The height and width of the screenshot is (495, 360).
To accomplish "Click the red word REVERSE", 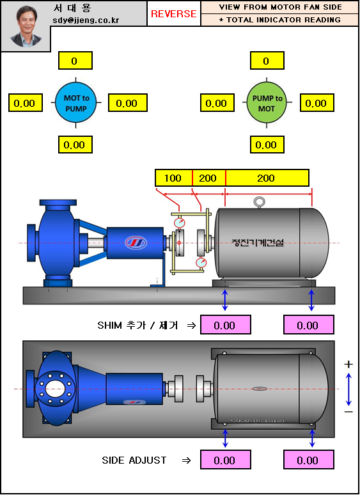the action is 174,13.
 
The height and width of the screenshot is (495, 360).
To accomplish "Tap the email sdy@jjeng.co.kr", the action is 86,20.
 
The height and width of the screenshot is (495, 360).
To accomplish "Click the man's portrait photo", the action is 26,26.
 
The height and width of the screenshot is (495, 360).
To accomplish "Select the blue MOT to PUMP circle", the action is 75,102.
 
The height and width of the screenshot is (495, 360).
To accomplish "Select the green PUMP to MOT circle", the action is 267,102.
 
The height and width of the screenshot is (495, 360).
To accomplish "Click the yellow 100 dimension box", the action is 173,178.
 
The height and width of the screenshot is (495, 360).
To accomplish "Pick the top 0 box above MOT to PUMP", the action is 75,61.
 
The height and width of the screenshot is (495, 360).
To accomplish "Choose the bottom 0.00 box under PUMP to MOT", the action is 267,145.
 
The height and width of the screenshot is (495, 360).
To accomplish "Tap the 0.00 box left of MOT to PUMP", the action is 25,102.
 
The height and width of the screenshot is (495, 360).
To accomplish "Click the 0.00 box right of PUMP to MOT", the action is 317,102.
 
